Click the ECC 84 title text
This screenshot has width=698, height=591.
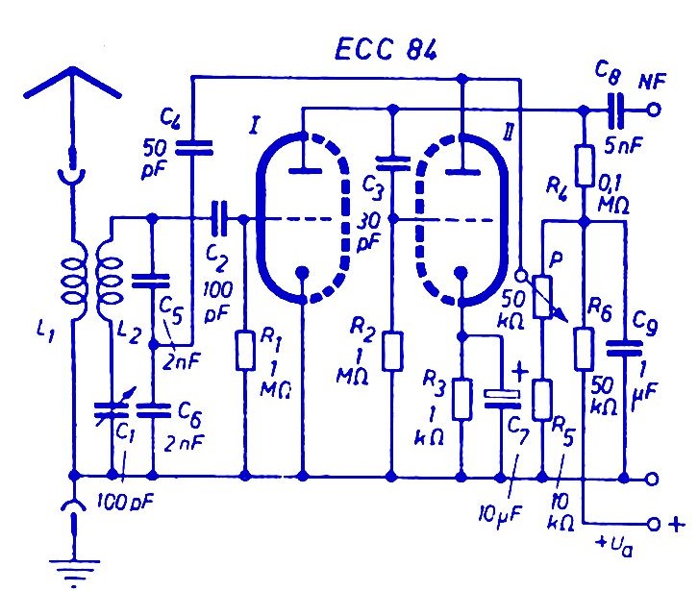point(386,49)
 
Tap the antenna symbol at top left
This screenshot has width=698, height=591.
point(72,85)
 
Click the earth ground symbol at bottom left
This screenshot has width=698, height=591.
point(74,571)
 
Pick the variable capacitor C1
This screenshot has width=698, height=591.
point(112,409)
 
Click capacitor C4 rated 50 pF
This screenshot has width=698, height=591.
point(193,148)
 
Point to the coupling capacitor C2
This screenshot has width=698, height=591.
point(219,218)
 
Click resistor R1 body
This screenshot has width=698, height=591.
point(245,350)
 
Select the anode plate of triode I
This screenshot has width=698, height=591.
point(305,170)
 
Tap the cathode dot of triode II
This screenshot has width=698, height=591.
point(461,272)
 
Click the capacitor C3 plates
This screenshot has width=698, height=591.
point(392,163)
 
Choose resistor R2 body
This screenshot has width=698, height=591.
point(392,351)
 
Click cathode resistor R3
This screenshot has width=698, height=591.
point(462,399)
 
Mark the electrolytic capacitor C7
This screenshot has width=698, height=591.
point(502,399)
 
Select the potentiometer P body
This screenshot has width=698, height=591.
point(543,297)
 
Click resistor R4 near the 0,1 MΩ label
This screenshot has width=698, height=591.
point(584,165)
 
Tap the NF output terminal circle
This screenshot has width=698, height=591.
point(653,110)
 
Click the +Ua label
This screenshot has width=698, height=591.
point(614,546)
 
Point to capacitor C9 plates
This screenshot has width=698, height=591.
point(625,348)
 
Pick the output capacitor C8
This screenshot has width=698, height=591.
point(616,110)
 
